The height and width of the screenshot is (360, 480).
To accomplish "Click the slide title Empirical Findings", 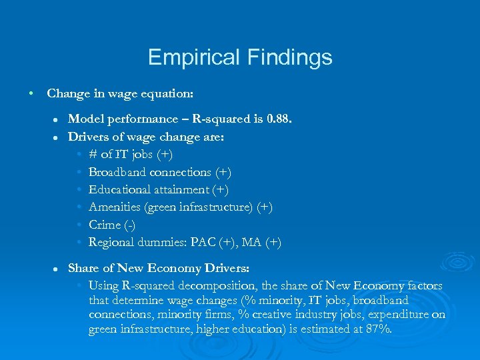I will (x=240, y=57).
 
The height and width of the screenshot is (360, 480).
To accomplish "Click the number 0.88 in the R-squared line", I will (x=278, y=119).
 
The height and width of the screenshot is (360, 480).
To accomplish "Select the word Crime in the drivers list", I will (x=105, y=225).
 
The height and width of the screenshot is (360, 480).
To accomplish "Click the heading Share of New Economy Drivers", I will (x=159, y=268).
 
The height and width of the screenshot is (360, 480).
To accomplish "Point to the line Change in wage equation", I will (x=121, y=93).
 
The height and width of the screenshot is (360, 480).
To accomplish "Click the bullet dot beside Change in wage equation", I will (x=31, y=93).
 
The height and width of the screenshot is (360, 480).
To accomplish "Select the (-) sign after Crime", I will (x=130, y=225).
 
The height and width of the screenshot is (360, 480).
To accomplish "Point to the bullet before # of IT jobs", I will (x=79, y=155).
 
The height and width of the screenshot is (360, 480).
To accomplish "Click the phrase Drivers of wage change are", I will (x=147, y=137).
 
